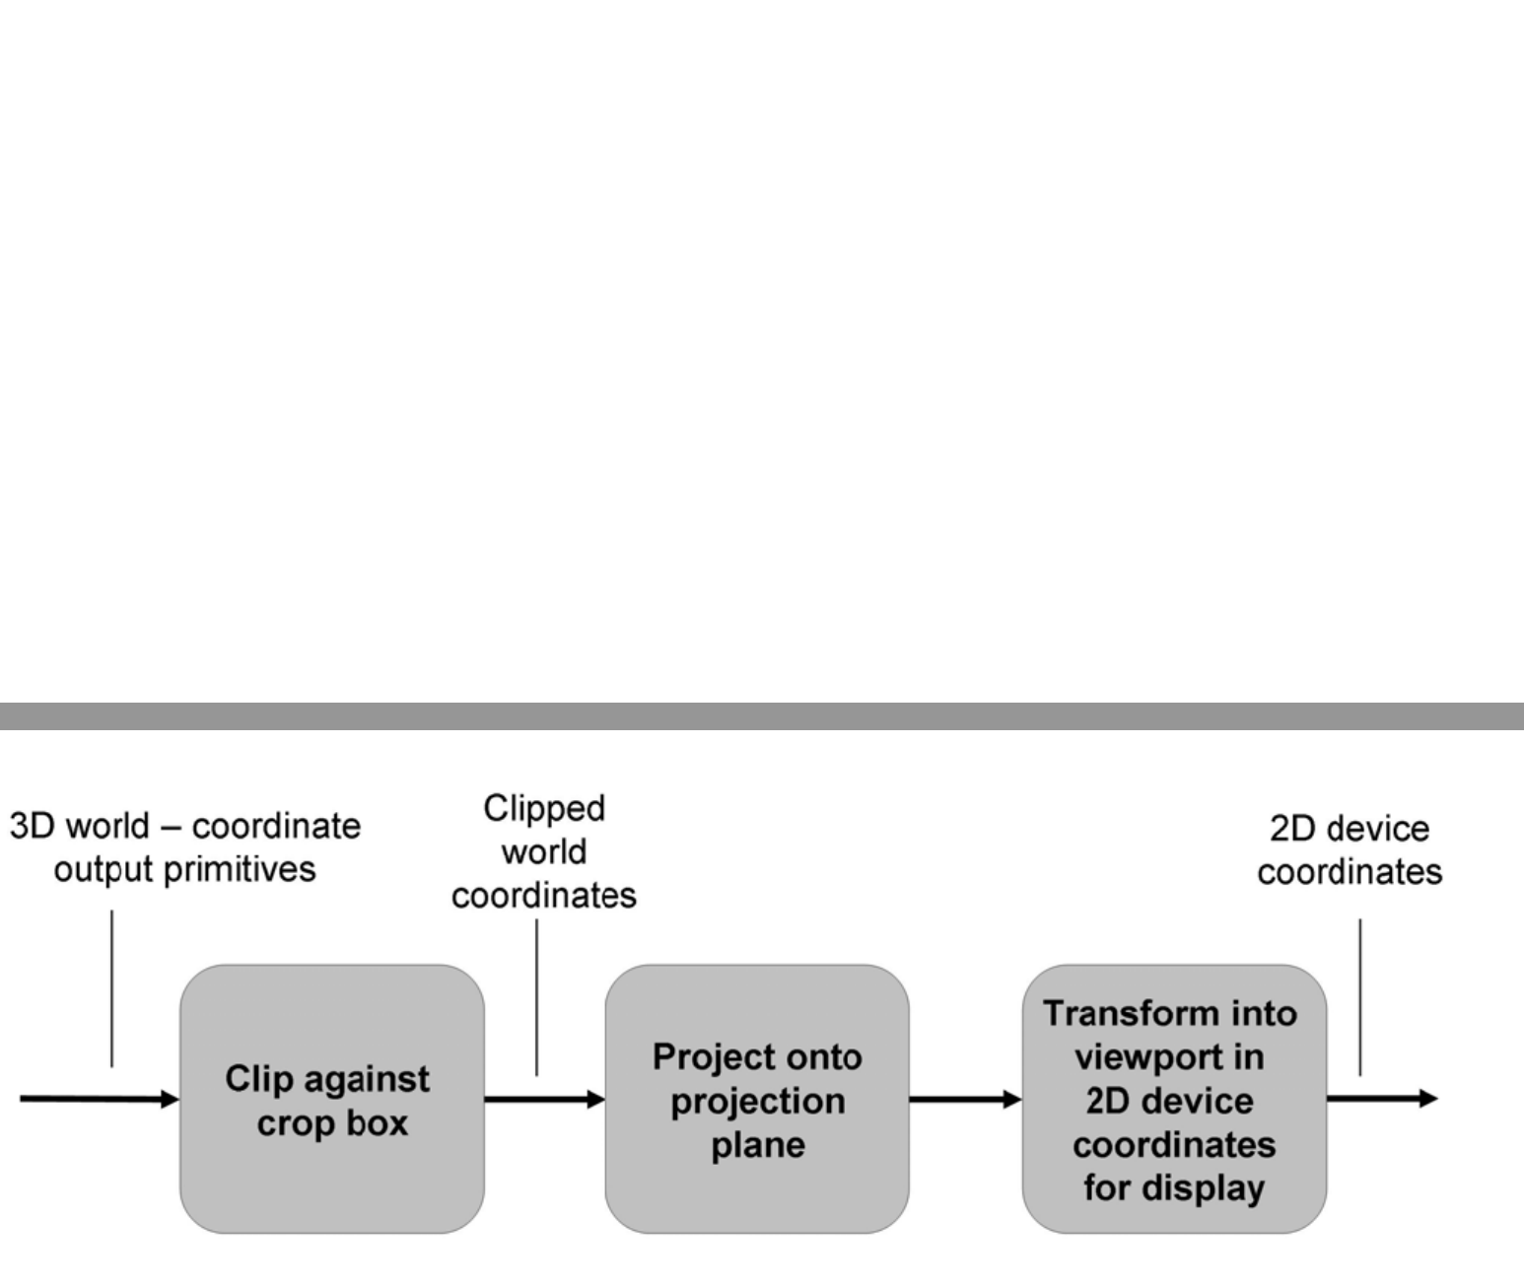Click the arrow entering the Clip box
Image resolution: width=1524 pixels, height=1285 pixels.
pyautogui.click(x=99, y=1099)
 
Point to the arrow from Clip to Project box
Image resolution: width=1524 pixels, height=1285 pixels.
pyautogui.click(x=544, y=1099)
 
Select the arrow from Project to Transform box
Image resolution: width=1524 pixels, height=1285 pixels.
pyautogui.click(x=964, y=1099)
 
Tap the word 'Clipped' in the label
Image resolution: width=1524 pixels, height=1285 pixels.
pyautogui.click(x=544, y=809)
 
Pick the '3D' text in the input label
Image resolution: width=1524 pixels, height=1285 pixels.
pyautogui.click(x=32, y=826)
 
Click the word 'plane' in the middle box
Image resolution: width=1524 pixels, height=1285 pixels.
pyautogui.click(x=757, y=1145)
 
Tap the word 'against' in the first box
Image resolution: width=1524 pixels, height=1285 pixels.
pyautogui.click(x=370, y=1079)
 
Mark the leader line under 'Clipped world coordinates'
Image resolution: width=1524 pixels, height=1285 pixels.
pyautogui.click(x=536, y=996)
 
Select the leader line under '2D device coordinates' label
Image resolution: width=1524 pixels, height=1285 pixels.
pyautogui.click(x=1360, y=996)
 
